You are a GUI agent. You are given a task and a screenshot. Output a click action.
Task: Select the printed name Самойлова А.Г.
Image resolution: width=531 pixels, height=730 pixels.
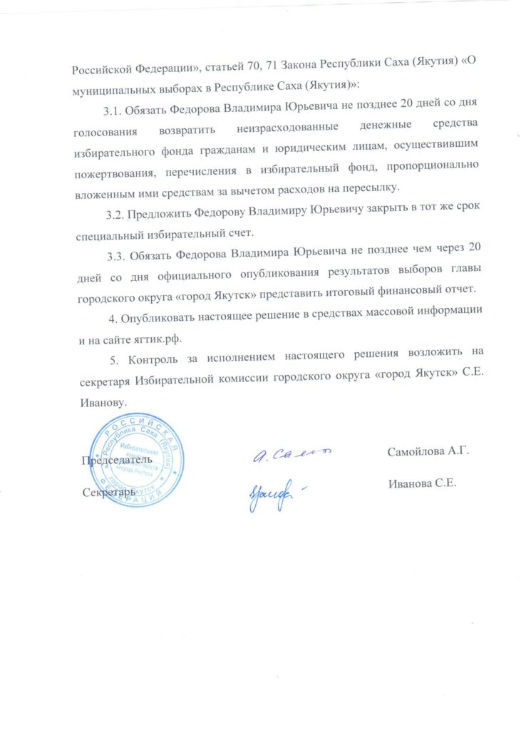(x=431, y=451)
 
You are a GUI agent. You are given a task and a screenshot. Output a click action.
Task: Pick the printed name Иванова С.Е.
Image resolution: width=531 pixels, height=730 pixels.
(x=423, y=483)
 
